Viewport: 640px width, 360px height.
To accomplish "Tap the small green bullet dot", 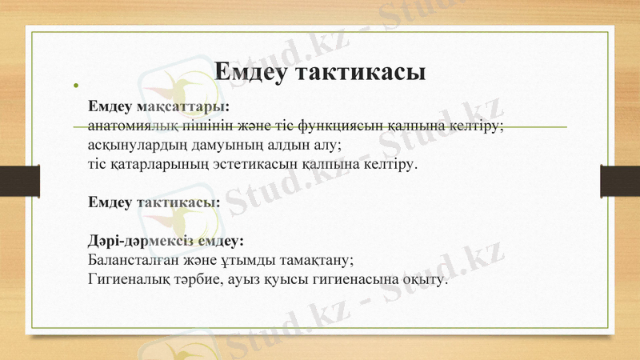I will [x=76, y=84].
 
